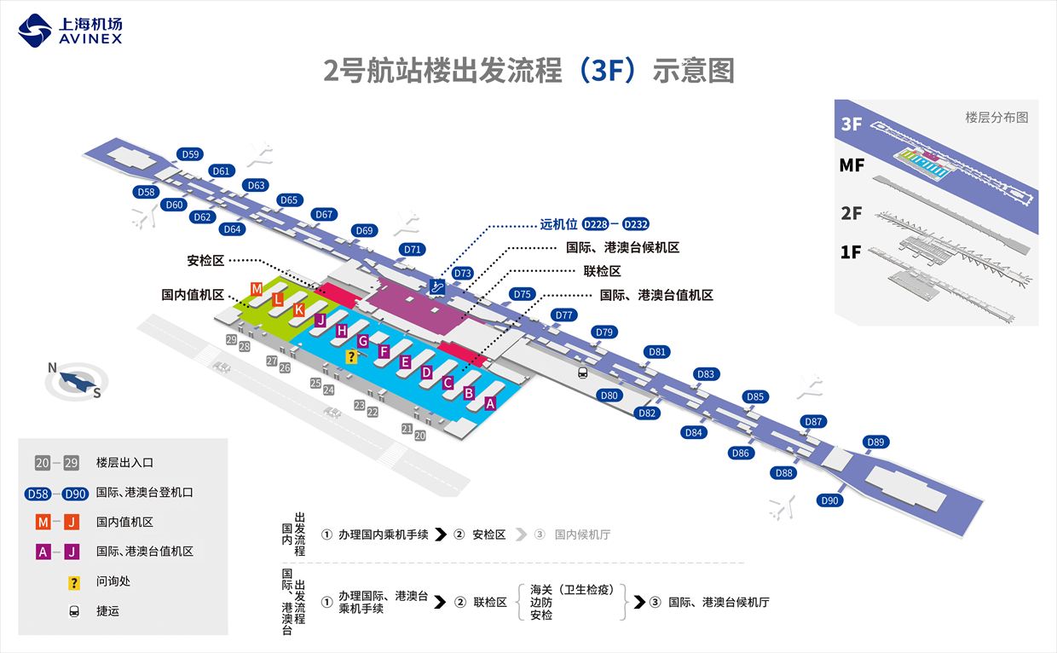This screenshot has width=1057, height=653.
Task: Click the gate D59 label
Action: pos(190,154)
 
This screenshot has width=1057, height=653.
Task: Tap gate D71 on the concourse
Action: pos(413,249)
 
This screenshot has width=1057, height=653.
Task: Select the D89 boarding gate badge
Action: pos(875,442)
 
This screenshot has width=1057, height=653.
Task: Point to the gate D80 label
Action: pos(609,396)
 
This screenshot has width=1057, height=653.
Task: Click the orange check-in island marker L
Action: pos(278,299)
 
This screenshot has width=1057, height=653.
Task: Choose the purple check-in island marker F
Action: pos(384,351)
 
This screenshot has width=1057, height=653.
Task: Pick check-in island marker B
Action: pos(469,393)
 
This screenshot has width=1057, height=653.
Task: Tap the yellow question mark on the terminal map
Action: pos(350,356)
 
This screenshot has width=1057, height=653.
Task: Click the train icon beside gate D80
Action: pos(583,373)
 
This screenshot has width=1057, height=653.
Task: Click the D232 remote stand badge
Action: pos(636,225)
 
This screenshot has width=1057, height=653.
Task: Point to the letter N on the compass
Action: pos(52,368)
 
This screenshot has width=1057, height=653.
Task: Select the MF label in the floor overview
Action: pos(852,165)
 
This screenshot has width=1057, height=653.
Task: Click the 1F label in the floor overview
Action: pos(852,251)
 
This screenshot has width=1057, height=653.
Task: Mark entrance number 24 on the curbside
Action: pos(328,390)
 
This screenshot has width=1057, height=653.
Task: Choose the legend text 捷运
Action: pos(107,611)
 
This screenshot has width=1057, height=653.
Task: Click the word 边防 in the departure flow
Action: pos(541,602)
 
